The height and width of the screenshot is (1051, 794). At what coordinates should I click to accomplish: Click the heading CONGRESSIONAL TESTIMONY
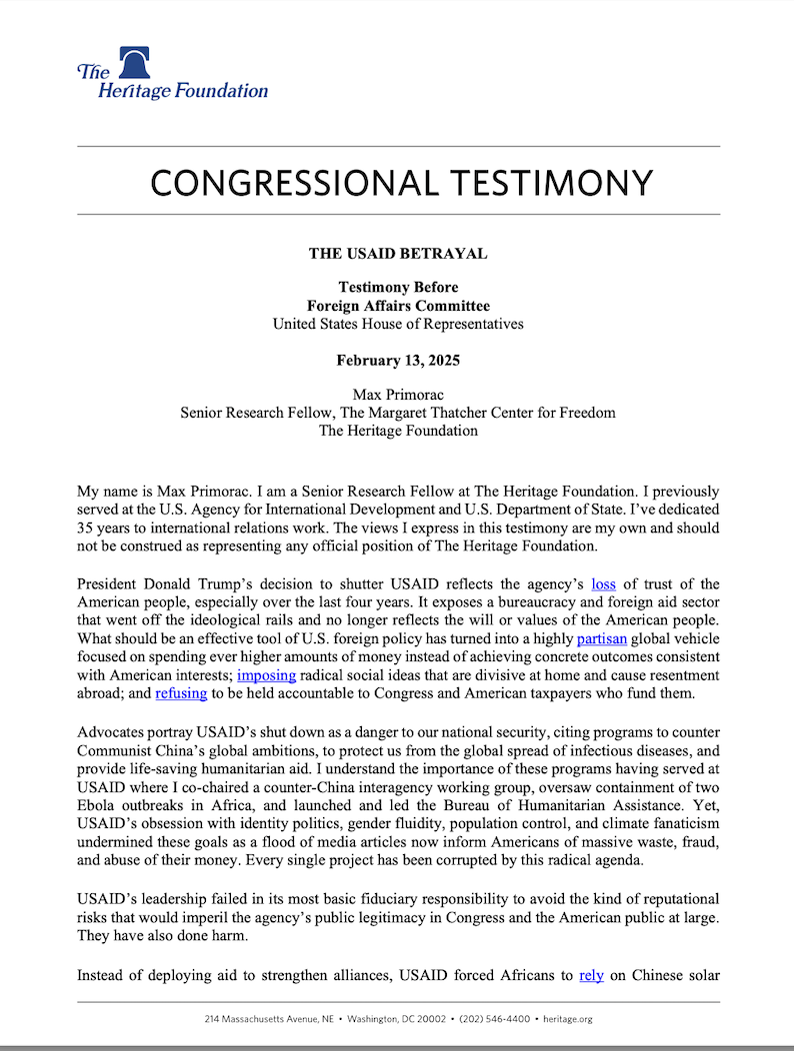pyautogui.click(x=400, y=183)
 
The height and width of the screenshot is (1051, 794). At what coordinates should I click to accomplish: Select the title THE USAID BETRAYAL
pyautogui.click(x=398, y=254)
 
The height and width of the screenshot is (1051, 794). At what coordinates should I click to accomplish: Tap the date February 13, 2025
pyautogui.click(x=398, y=361)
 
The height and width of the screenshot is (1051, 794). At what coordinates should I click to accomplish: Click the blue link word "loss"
pyautogui.click(x=604, y=583)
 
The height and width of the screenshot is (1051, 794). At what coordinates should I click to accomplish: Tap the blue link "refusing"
pyautogui.click(x=181, y=692)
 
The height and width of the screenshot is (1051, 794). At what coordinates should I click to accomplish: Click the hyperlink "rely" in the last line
pyautogui.click(x=591, y=975)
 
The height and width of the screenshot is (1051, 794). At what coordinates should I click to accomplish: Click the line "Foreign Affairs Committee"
pyautogui.click(x=398, y=306)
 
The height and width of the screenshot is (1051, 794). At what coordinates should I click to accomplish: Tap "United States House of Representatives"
pyautogui.click(x=398, y=324)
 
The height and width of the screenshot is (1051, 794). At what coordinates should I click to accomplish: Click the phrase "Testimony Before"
pyautogui.click(x=398, y=288)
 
